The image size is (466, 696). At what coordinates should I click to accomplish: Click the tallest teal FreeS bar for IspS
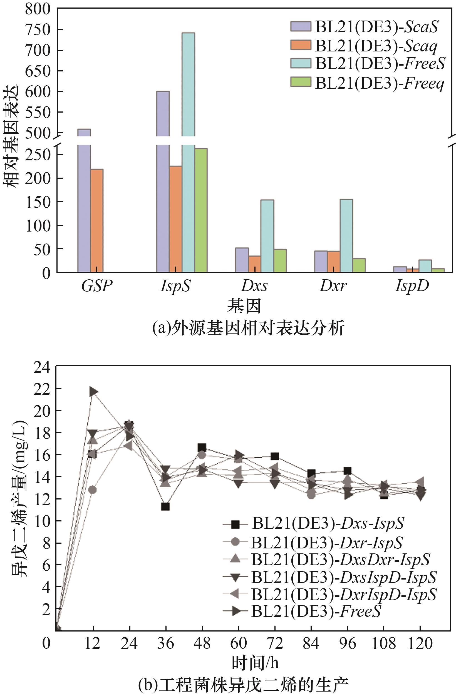click(x=189, y=119)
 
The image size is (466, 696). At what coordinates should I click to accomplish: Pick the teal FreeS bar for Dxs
click(x=267, y=236)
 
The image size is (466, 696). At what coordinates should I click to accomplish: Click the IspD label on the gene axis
click(x=412, y=286)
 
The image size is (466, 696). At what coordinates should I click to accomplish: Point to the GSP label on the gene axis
click(x=97, y=286)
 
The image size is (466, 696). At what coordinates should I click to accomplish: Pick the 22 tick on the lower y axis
click(x=42, y=389)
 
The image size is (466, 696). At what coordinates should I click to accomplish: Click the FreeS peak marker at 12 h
click(x=93, y=392)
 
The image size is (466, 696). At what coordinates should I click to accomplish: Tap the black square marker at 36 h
click(x=165, y=506)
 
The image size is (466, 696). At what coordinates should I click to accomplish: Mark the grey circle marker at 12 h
click(x=92, y=489)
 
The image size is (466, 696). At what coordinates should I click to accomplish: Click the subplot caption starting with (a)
click(x=248, y=328)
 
